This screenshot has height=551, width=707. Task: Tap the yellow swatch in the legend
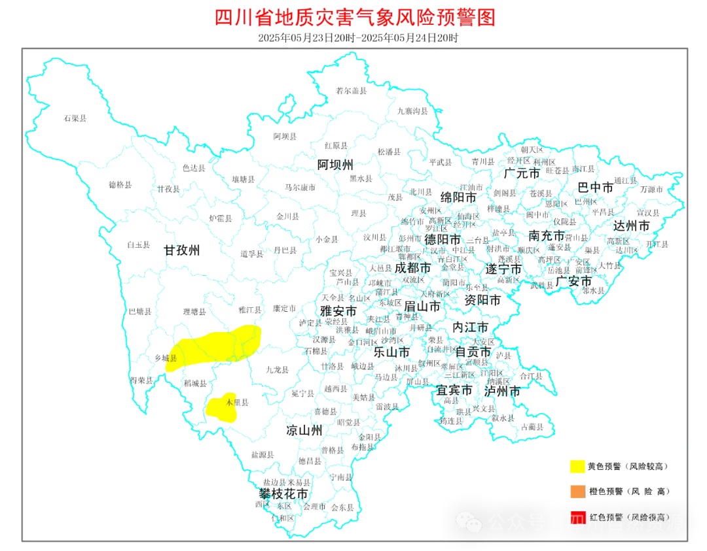pos(577,466)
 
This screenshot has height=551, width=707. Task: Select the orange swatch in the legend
pos(577,491)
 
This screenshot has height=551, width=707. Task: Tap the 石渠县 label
pos(75,118)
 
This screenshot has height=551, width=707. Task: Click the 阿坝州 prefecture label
pos(335,163)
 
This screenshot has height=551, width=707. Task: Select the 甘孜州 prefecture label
pos(181,250)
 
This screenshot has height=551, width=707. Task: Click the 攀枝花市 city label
pos(283,493)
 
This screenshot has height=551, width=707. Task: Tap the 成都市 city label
pos(412,267)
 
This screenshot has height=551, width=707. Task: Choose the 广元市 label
pos(522,173)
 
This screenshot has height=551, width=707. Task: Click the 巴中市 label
pos(596,188)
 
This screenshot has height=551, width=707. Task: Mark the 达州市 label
pos(632,225)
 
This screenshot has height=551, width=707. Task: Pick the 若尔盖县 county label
pos(351,91)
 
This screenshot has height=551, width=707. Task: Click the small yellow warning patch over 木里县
pos(220,407)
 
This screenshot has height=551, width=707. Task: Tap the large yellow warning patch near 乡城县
pos(216,345)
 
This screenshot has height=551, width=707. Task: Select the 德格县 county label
pos(120,185)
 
